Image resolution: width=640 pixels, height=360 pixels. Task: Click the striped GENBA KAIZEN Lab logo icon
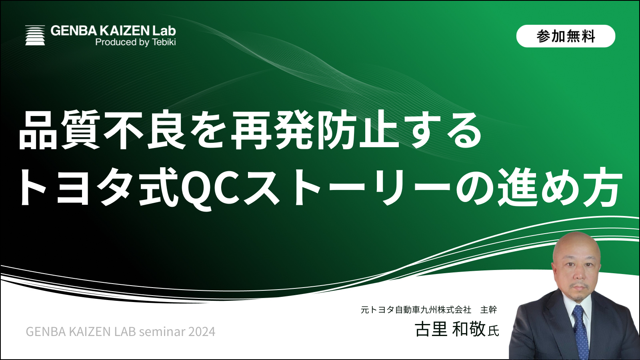pyautogui.click(x=35, y=35)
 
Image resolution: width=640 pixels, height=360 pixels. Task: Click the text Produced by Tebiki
pyautogui.click(x=136, y=42)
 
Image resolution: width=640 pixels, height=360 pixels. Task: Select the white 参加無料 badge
pyautogui.click(x=566, y=36)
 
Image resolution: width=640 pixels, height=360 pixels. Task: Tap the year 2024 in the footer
pyautogui.click(x=202, y=332)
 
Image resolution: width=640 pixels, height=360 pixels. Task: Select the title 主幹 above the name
pyautogui.click(x=488, y=310)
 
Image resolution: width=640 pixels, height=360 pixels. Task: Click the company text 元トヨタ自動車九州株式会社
pyautogui.click(x=416, y=310)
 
